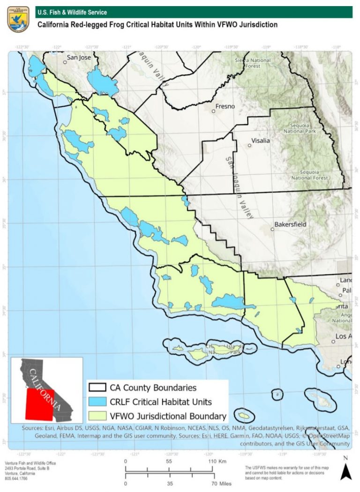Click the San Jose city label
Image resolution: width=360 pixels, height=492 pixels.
78,58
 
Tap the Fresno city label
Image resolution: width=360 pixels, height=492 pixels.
225,106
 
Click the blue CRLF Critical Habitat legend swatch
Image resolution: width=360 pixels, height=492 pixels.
97,402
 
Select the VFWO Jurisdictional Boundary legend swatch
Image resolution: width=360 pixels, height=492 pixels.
97,416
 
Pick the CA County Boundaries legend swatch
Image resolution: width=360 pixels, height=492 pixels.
97,388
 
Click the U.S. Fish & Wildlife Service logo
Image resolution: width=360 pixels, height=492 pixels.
18,19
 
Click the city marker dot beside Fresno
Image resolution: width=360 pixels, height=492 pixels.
213,112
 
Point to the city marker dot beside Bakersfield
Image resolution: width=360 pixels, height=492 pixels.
272,229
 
